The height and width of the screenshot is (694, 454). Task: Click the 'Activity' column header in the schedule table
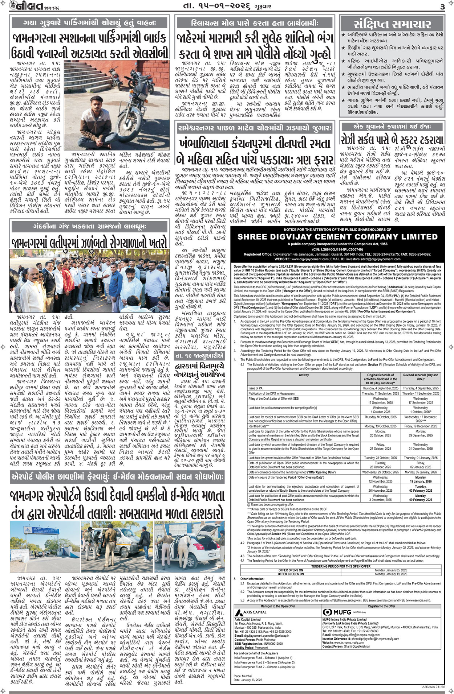[304, 375]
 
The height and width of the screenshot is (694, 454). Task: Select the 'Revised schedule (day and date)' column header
[421, 377]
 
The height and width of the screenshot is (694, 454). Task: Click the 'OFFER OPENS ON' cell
[291, 570]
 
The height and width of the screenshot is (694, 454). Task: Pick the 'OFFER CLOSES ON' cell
[291, 574]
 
